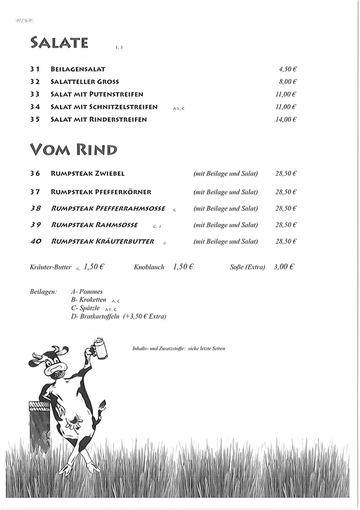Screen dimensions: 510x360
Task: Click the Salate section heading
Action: (59, 42)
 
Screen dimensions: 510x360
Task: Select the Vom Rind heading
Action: (73, 150)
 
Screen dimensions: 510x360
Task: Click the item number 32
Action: (34, 82)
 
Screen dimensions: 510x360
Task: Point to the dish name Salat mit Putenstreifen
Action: (97, 94)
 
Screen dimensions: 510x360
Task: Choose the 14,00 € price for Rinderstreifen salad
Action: (286, 119)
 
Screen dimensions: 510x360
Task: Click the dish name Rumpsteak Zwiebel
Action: (87, 174)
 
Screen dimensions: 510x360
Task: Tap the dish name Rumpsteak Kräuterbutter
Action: (102, 241)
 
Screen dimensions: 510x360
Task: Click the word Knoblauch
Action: (149, 267)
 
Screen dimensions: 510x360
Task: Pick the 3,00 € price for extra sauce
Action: (284, 267)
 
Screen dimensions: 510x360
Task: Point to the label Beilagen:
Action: (43, 292)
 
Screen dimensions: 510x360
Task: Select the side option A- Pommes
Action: (87, 292)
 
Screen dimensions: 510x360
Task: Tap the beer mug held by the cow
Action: (100, 348)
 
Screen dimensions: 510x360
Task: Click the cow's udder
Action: (74, 422)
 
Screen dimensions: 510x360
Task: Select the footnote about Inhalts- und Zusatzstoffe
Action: (179, 348)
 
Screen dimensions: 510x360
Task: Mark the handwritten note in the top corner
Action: (24, 20)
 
